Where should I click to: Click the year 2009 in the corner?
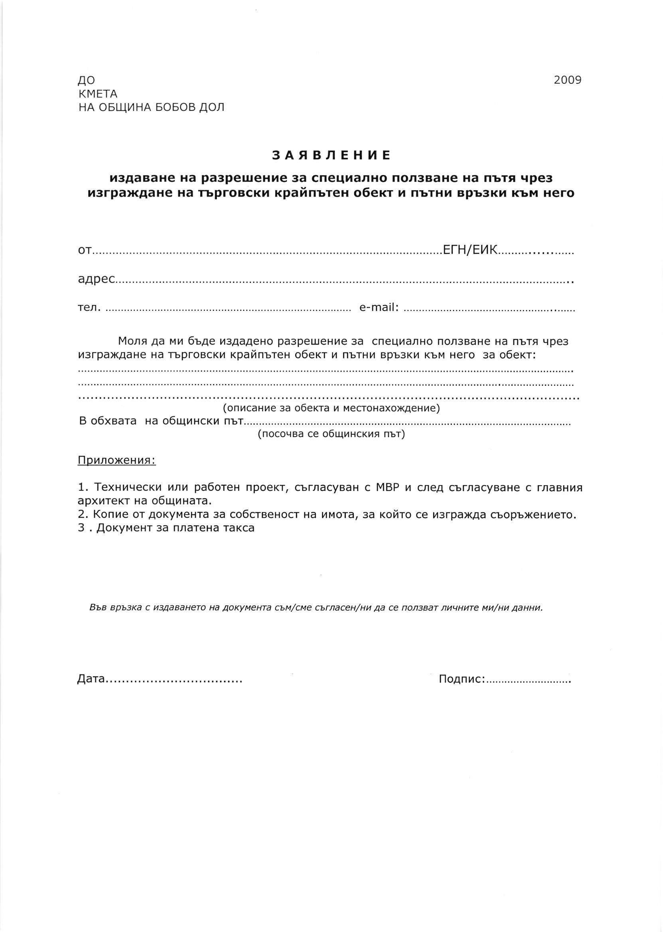(567, 80)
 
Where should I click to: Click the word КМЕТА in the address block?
(98, 94)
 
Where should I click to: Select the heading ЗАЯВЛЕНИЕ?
(331, 156)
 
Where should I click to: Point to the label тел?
(89, 307)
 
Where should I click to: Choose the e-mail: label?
(379, 307)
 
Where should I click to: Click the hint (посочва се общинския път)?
(331, 434)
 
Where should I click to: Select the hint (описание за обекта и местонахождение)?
(331, 408)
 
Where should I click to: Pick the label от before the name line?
(85, 250)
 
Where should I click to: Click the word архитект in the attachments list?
(102, 500)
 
